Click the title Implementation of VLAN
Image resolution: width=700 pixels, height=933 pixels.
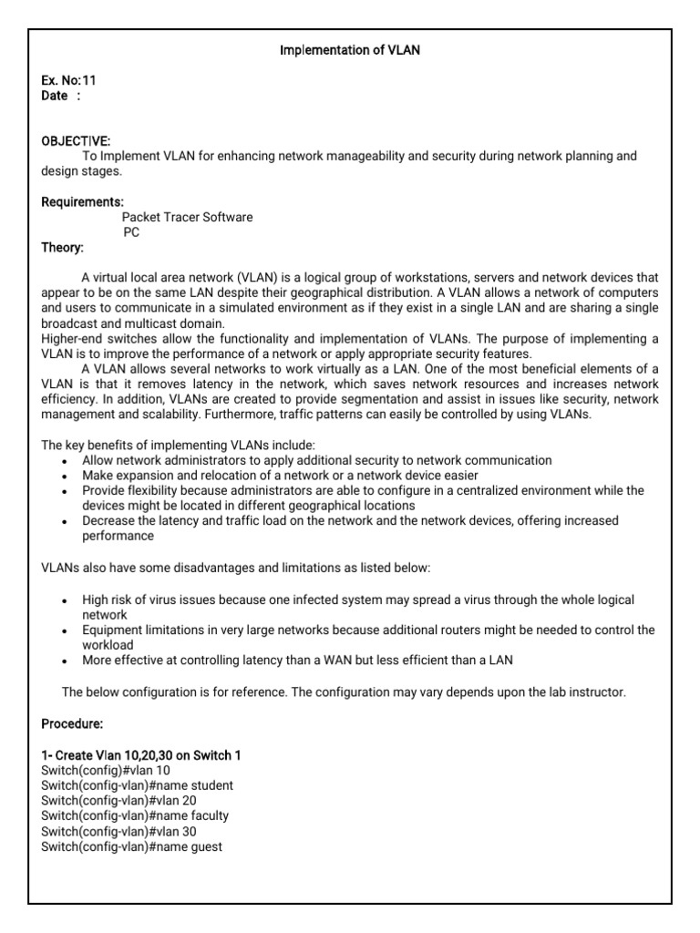coord(349,51)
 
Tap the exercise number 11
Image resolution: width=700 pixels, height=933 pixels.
coord(88,80)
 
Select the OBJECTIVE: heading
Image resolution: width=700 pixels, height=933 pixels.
coord(76,141)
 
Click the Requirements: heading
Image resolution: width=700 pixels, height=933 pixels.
coord(83,201)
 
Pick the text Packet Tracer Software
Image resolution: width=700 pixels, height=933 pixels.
coord(187,217)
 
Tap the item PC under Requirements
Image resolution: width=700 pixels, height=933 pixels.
coord(131,232)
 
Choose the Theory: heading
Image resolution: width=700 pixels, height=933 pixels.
coord(63,247)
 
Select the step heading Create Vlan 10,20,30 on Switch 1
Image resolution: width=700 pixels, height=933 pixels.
coord(141,755)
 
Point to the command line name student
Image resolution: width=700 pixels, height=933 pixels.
coord(137,785)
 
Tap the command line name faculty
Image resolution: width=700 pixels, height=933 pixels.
coord(135,816)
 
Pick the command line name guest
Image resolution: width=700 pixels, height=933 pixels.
coord(131,846)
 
